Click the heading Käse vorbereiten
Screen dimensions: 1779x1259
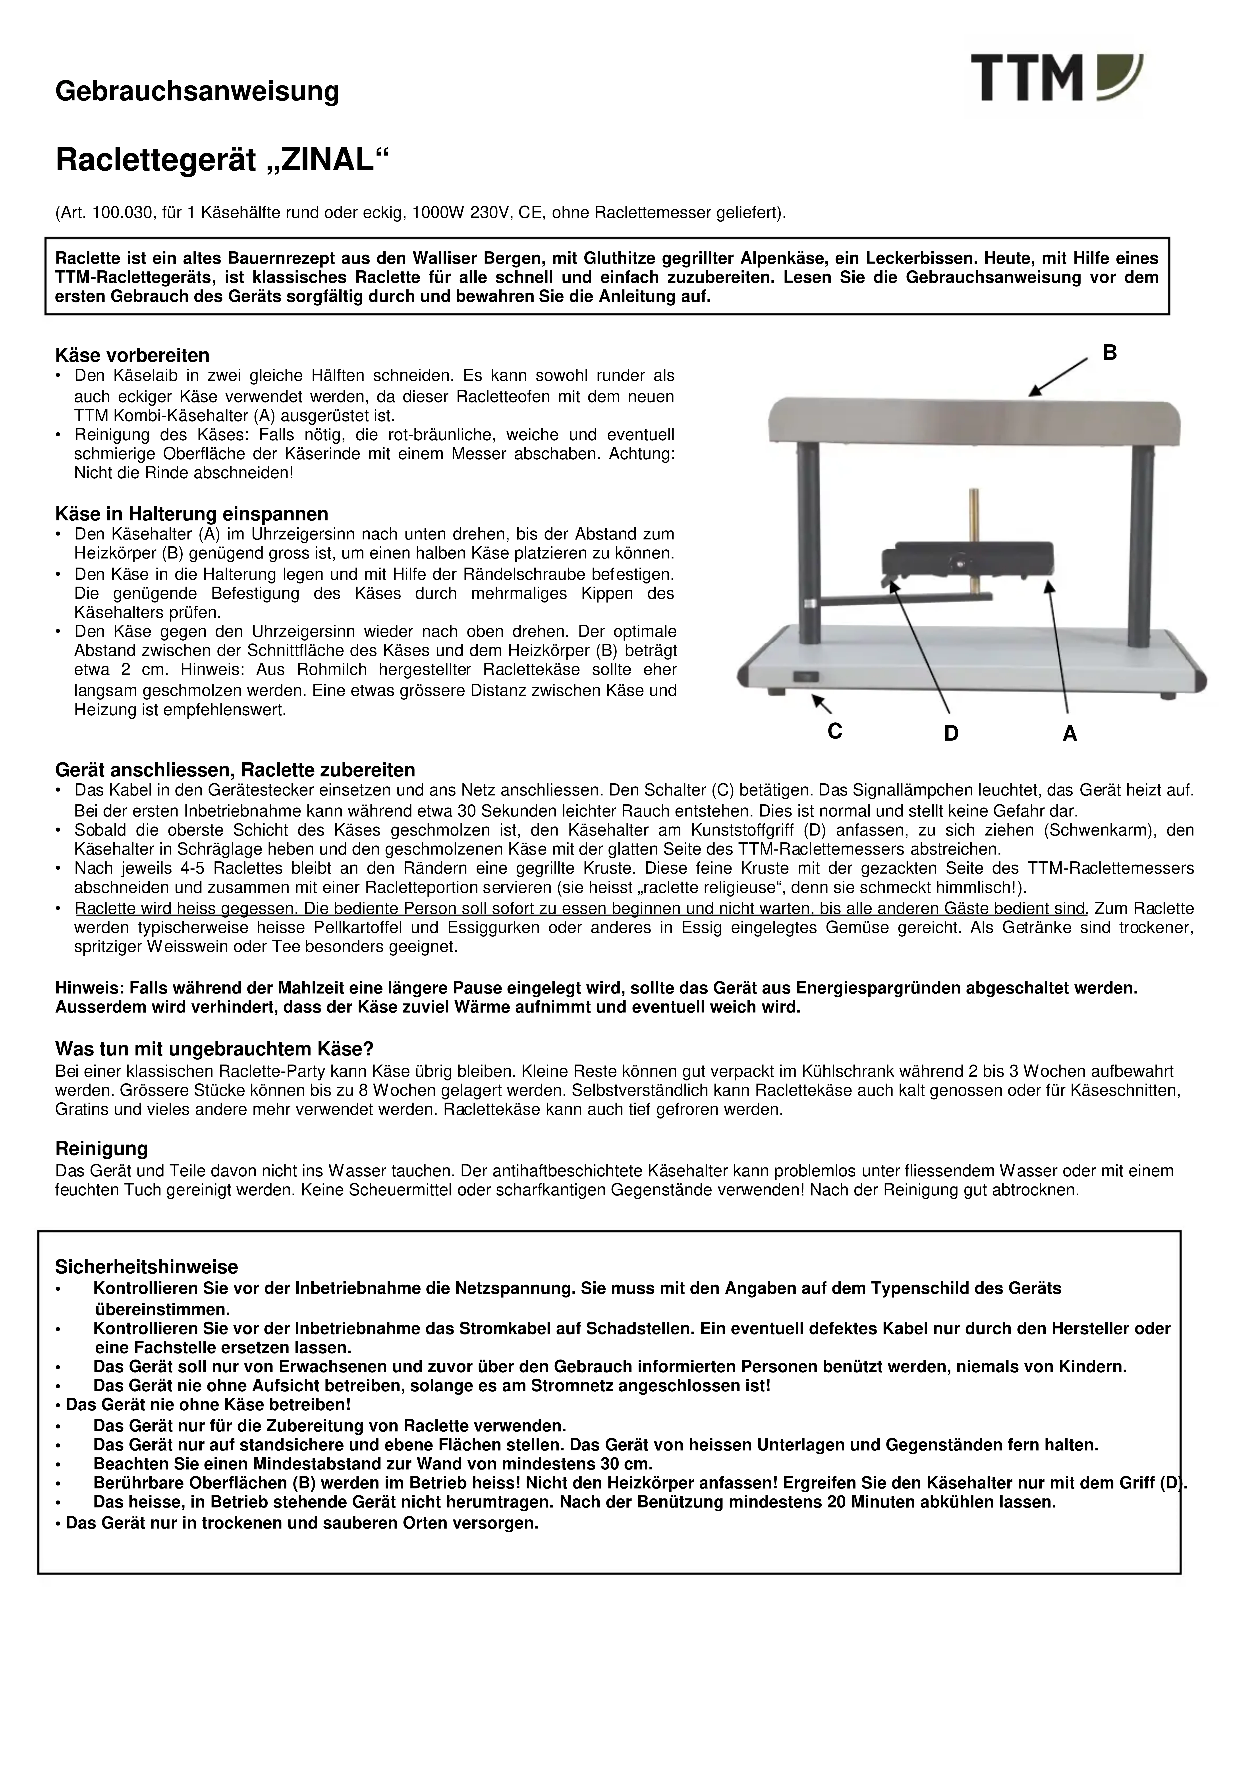[133, 356]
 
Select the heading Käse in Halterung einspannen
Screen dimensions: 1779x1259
[191, 514]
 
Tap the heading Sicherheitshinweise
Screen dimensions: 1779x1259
[147, 1267]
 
